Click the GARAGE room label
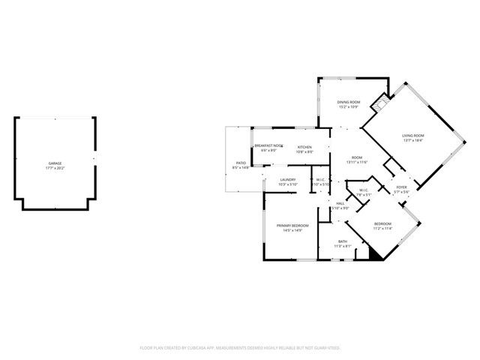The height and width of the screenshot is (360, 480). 55,163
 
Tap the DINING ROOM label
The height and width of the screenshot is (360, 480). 349,102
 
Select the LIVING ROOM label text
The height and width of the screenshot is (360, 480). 413,136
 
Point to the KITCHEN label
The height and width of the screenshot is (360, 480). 304,147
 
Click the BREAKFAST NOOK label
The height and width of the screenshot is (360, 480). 268,145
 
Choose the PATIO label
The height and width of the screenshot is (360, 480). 241,163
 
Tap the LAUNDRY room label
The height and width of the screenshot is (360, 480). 288,179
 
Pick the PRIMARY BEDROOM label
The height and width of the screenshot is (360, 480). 292,226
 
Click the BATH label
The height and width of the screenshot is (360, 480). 342,241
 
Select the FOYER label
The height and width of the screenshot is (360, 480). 402,187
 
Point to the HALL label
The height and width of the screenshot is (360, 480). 340,203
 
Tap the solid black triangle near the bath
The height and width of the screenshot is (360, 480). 370,254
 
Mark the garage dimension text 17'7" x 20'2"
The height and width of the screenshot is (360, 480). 55,168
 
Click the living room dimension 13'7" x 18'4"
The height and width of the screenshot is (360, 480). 413,140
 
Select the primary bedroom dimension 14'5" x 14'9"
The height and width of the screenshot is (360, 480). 292,230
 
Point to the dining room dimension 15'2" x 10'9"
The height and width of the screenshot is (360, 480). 349,106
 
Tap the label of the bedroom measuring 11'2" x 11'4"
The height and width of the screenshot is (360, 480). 382,224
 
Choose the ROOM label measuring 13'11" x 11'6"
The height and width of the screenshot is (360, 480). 356,157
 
